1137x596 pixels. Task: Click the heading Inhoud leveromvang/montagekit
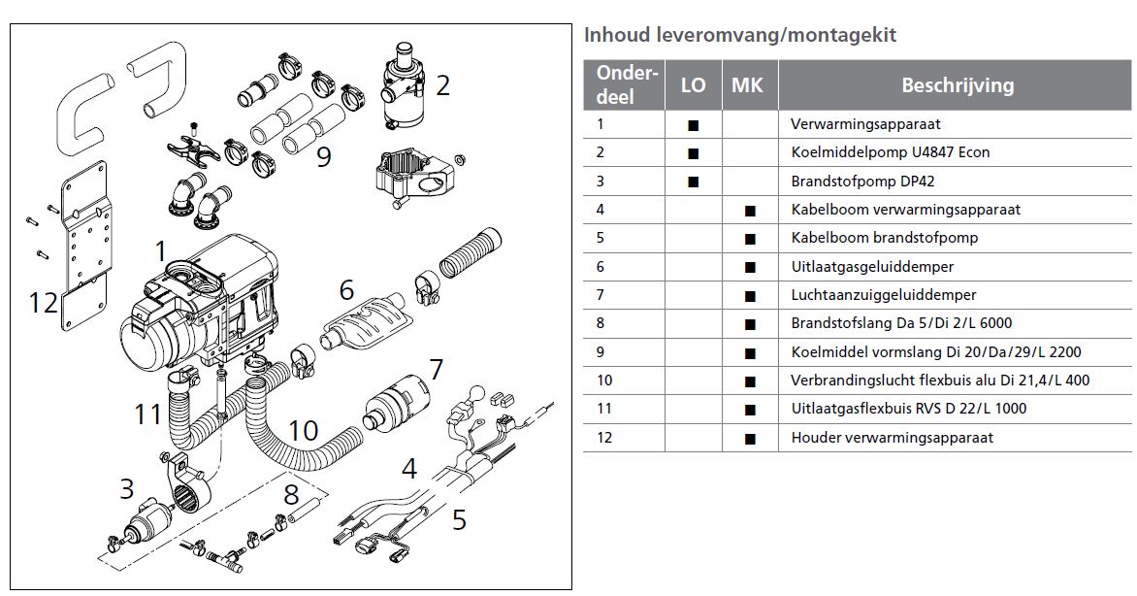click(x=739, y=36)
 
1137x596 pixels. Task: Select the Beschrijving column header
click(x=957, y=85)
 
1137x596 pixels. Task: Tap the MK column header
click(x=747, y=85)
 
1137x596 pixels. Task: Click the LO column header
click(x=693, y=85)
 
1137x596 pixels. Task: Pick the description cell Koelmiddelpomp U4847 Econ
click(x=890, y=152)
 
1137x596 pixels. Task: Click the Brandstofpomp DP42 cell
click(x=862, y=181)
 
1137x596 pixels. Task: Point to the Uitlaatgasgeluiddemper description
click(x=872, y=266)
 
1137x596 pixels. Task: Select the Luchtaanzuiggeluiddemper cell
click(x=883, y=294)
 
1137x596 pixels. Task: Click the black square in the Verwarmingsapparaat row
click(x=693, y=125)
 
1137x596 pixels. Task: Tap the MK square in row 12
click(x=749, y=439)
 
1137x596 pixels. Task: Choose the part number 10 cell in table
click(x=606, y=381)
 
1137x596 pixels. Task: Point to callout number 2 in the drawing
click(x=442, y=86)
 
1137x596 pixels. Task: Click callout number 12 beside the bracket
click(x=43, y=303)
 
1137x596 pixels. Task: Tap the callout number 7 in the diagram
click(x=436, y=370)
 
